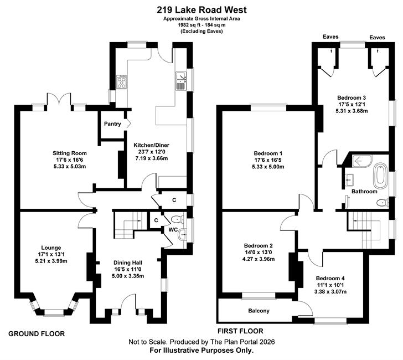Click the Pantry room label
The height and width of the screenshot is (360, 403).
coord(112,124)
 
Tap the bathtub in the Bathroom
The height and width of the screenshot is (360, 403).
coord(380,176)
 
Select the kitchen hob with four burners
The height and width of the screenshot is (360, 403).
coord(121,82)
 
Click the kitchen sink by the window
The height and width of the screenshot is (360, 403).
coord(181,81)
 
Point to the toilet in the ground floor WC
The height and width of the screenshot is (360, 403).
coord(177,219)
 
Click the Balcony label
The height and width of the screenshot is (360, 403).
coord(259,311)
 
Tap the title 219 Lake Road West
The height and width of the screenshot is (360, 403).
coord(201,10)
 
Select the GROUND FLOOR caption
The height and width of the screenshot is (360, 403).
coord(37,334)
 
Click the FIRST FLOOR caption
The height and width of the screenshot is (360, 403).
coord(240,331)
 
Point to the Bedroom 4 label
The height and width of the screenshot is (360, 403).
coord(330,278)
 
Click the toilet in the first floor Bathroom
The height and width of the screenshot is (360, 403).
coord(383,203)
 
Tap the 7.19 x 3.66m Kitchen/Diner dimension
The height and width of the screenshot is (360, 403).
coord(152,158)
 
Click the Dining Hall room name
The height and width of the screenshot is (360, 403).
coord(128,263)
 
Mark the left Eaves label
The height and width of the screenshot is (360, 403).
coord(330,37)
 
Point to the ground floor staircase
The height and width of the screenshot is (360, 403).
coord(127,225)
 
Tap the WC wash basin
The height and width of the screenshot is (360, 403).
coord(183,234)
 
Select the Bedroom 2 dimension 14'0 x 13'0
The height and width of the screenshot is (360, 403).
coord(259,253)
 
